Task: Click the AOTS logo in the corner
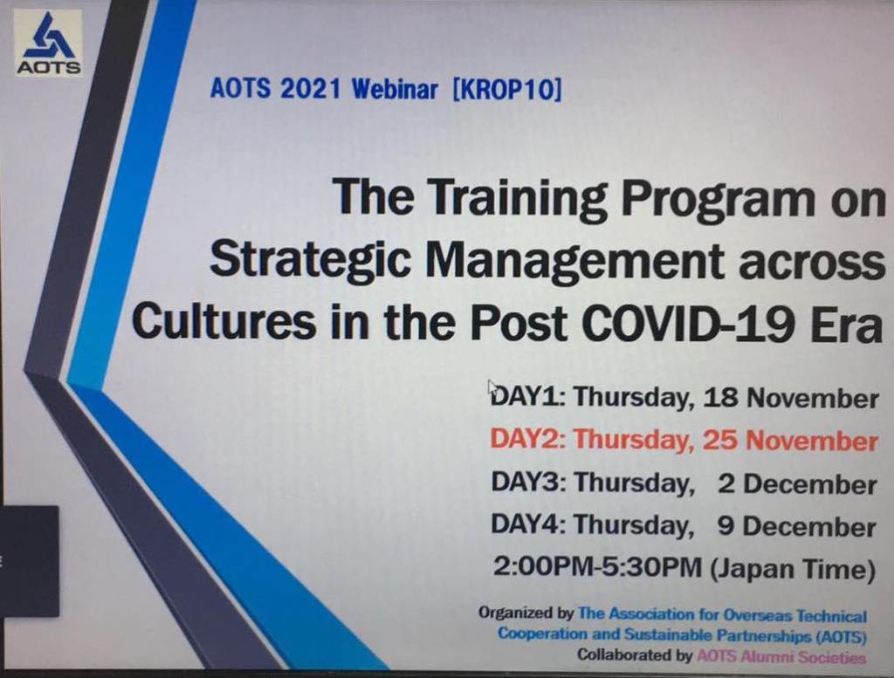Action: click(x=49, y=44)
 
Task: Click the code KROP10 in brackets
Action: click(x=507, y=90)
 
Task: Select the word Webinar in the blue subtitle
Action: click(x=395, y=89)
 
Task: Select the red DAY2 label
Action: click(x=527, y=439)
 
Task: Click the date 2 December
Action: click(x=797, y=484)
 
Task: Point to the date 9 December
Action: click(x=796, y=526)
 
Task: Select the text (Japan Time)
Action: click(x=793, y=569)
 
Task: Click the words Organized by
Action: click(x=526, y=613)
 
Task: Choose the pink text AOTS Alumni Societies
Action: click(x=781, y=656)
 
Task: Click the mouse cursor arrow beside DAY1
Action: click(x=493, y=388)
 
